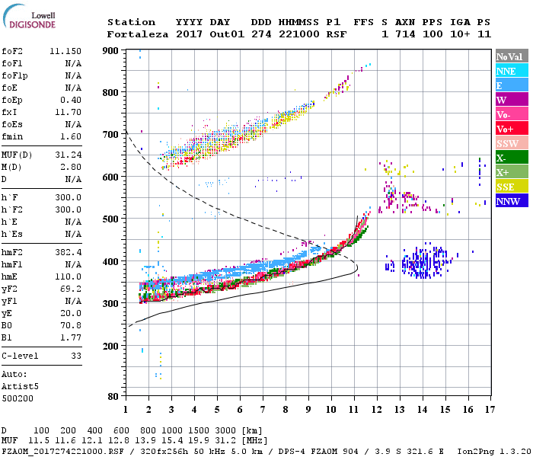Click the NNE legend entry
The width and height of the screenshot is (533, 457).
coord(512,71)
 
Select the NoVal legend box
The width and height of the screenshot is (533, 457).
coord(512,56)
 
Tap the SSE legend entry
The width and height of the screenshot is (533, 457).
coord(512,187)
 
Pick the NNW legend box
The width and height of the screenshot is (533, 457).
coord(512,201)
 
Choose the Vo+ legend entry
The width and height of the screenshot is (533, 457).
coord(512,129)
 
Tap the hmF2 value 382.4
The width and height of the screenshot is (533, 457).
coord(70,251)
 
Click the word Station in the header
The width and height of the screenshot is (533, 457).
coord(131,22)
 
